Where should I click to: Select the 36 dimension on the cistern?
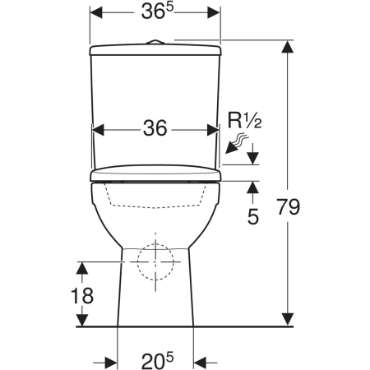point(155,128)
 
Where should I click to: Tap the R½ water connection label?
point(244,121)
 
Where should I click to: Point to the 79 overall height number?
point(288,206)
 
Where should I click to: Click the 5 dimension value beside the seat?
point(253,216)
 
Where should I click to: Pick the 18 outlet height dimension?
point(82,296)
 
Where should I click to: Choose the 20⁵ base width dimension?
point(157,360)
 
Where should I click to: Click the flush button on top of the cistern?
point(155,42)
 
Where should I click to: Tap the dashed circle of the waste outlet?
point(155,244)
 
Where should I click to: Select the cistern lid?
point(155,50)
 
